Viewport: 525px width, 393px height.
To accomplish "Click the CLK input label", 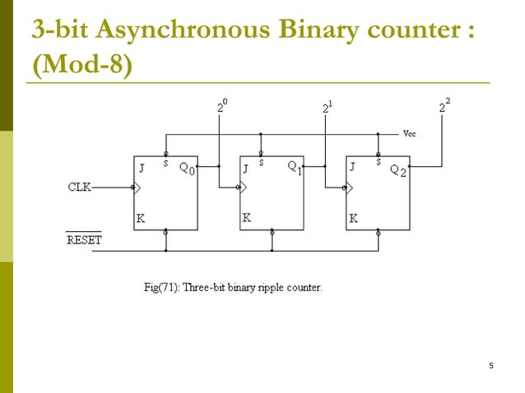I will click(x=79, y=187).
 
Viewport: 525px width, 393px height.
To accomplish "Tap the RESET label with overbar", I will click(x=83, y=240).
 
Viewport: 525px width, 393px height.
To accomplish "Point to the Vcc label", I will click(x=410, y=134).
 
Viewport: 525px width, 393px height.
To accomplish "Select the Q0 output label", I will click(x=187, y=169).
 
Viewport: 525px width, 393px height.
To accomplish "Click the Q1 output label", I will click(x=294, y=167).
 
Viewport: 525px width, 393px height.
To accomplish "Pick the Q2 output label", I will click(x=397, y=169).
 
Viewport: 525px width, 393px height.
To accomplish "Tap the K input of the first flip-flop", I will click(x=141, y=219).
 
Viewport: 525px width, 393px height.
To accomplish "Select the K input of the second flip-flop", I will click(x=247, y=218).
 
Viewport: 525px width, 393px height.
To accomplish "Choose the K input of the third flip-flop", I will click(x=353, y=219).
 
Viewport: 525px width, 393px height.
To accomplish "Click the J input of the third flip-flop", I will click(x=353, y=167).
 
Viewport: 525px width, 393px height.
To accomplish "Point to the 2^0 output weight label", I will click(x=222, y=106).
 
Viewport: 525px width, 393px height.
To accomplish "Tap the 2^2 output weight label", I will click(x=444, y=106).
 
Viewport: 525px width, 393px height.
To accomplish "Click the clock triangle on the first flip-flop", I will click(x=137, y=187).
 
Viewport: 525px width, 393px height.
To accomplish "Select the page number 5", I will click(x=490, y=365).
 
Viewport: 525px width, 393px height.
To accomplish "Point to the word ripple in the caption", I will click(x=280, y=289).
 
